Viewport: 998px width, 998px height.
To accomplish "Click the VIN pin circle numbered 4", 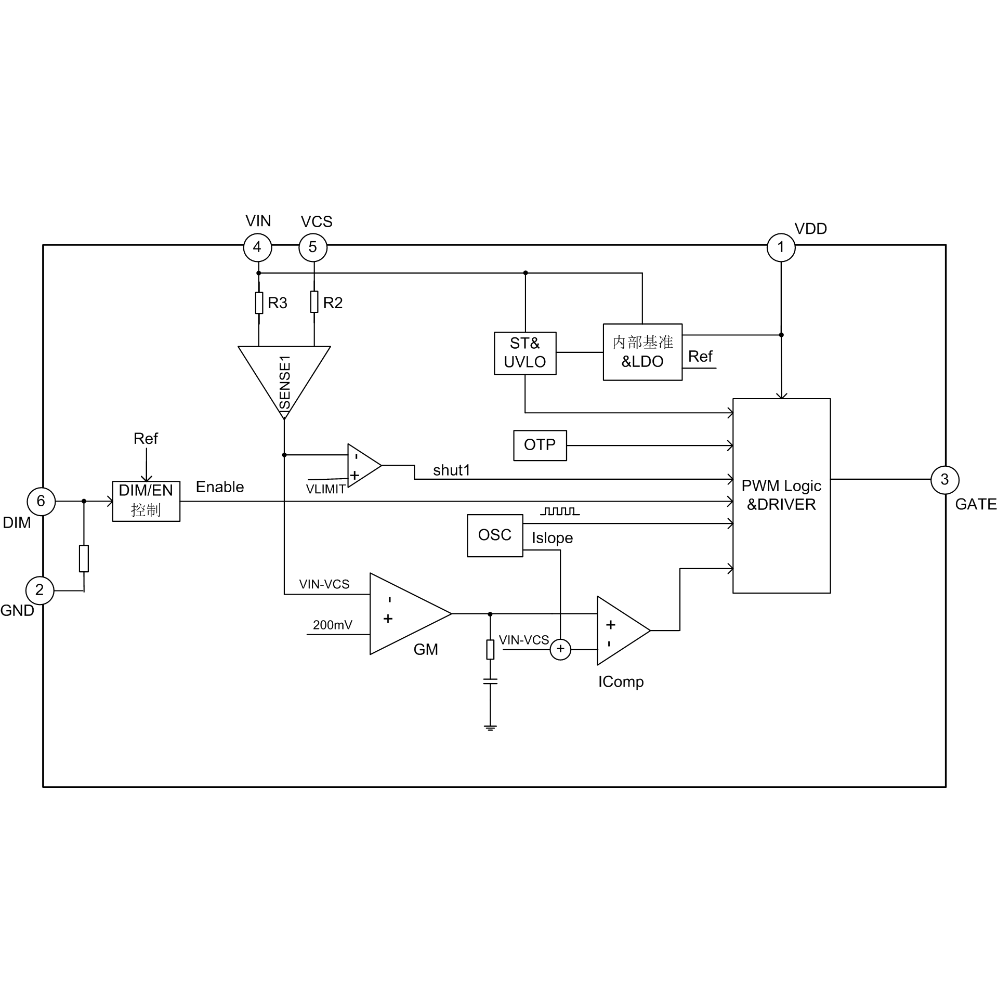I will pos(257,247).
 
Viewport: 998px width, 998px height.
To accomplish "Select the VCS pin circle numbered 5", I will pos(313,247).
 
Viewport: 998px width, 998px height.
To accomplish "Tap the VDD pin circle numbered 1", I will pos(781,247).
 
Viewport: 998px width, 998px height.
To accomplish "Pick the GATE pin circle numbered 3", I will pos(944,480).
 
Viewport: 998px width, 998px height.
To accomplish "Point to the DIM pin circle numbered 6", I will pos(41,501).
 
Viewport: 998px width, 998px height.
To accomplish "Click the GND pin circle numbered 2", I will pos(40,590).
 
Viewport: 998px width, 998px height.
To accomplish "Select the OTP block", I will pos(540,445).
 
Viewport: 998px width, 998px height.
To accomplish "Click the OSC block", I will pos(495,535).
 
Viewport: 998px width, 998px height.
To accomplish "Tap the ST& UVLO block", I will pos(525,353).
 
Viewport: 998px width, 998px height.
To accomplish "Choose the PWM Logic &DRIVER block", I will pos(781,495).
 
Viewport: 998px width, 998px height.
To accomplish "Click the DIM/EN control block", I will pos(146,501).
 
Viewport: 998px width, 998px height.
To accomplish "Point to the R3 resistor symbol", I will pos(259,303).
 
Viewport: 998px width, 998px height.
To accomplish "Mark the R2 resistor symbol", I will pos(314,302).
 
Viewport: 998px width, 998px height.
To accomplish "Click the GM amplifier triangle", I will pos(405,614).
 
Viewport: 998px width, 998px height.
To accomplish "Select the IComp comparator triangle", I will pos(620,631).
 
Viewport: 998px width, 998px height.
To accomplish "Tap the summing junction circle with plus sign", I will pos(560,649).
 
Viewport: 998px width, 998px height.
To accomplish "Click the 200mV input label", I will pos(333,625).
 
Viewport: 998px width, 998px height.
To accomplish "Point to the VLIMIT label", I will pos(326,489).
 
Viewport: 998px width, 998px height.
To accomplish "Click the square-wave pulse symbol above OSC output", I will pos(560,511).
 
